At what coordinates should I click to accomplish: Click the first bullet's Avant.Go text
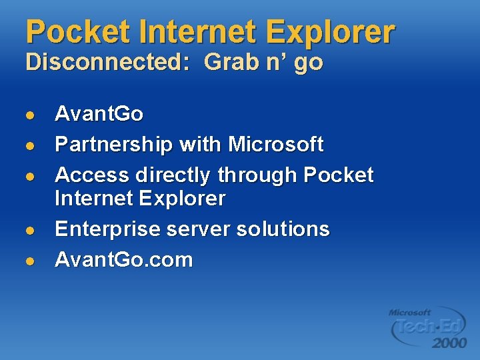[99, 114]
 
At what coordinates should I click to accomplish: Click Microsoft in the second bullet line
[276, 144]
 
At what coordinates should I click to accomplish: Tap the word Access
[92, 175]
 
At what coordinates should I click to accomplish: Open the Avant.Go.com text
[123, 259]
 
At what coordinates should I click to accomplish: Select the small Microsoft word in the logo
[409, 312]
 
